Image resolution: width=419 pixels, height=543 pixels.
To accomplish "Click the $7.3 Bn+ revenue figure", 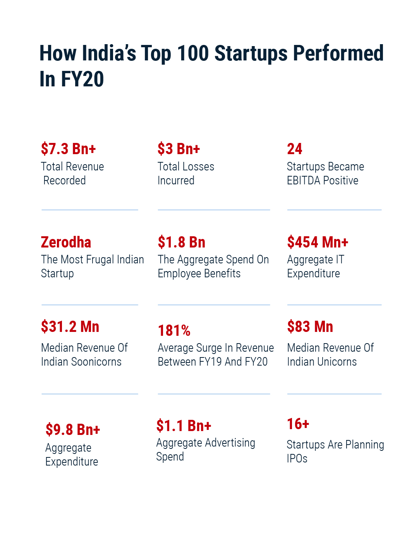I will (68, 149).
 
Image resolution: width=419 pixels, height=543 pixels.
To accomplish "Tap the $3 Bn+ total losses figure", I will (179, 149).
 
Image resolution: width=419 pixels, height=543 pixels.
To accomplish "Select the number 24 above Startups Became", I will (294, 149).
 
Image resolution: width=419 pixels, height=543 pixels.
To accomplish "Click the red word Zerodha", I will (66, 242).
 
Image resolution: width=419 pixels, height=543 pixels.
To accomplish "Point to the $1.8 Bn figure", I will (181, 242).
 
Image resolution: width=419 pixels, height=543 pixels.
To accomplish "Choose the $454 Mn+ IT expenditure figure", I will (318, 242).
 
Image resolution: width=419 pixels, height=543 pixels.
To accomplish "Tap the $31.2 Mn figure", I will (70, 327).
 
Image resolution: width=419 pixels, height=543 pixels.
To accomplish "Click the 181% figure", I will (174, 331).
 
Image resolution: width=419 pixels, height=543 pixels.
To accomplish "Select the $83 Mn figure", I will (310, 327).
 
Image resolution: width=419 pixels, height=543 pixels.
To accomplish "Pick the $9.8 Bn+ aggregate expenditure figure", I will (73, 430).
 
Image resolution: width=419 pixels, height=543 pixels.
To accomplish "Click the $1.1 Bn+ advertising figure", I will (184, 426).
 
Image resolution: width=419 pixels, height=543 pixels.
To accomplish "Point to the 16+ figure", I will (298, 424).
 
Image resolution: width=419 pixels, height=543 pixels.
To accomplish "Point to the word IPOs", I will (297, 459).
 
